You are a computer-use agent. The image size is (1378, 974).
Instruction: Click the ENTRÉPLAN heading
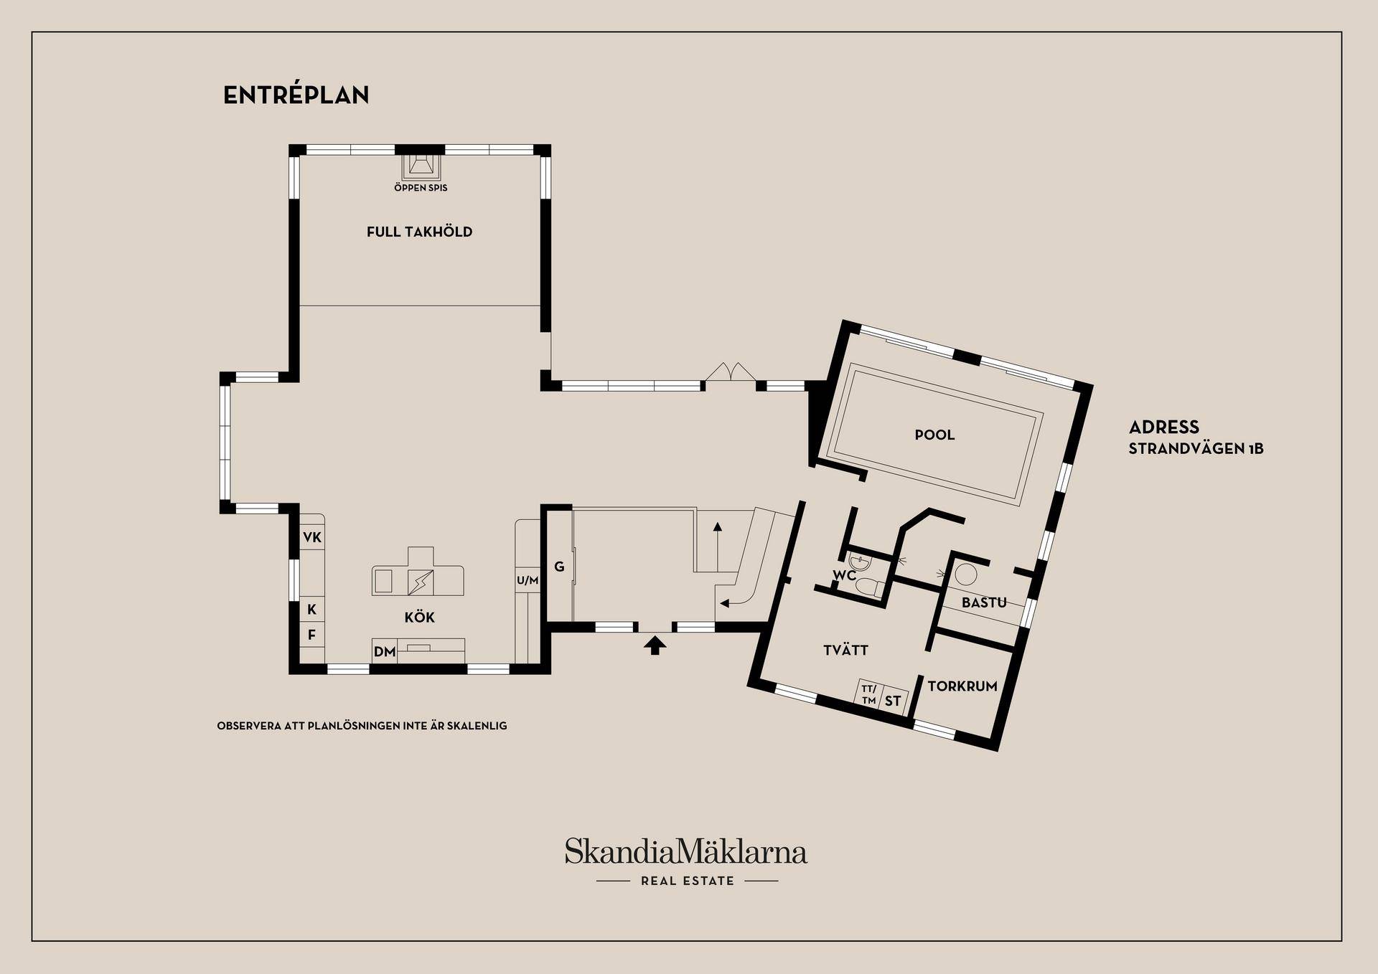(296, 95)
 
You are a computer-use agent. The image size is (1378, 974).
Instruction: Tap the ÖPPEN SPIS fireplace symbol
(420, 166)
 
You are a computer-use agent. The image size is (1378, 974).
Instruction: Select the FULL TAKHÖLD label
(419, 232)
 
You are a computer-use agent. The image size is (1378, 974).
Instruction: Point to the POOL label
(934, 435)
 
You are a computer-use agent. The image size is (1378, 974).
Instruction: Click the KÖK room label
(419, 618)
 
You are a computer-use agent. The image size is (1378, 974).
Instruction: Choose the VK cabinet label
(312, 537)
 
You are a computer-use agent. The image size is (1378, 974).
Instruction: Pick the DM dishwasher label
(385, 652)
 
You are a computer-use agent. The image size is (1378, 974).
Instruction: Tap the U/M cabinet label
(528, 580)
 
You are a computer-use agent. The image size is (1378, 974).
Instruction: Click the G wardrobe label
(559, 567)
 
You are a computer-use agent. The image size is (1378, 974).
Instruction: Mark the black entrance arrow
(654, 646)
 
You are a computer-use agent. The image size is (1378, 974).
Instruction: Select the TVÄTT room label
(845, 651)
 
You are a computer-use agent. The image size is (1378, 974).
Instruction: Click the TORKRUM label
(962, 686)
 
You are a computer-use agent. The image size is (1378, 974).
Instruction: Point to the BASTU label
(984, 603)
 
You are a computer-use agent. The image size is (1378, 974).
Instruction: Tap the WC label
(844, 575)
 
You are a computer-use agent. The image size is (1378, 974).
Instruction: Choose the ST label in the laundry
(892, 701)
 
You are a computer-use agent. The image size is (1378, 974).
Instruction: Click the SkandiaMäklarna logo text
(685, 851)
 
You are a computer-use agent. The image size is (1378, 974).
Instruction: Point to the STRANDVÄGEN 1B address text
(1196, 449)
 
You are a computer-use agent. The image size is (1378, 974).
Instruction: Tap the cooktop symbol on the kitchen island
(420, 582)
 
